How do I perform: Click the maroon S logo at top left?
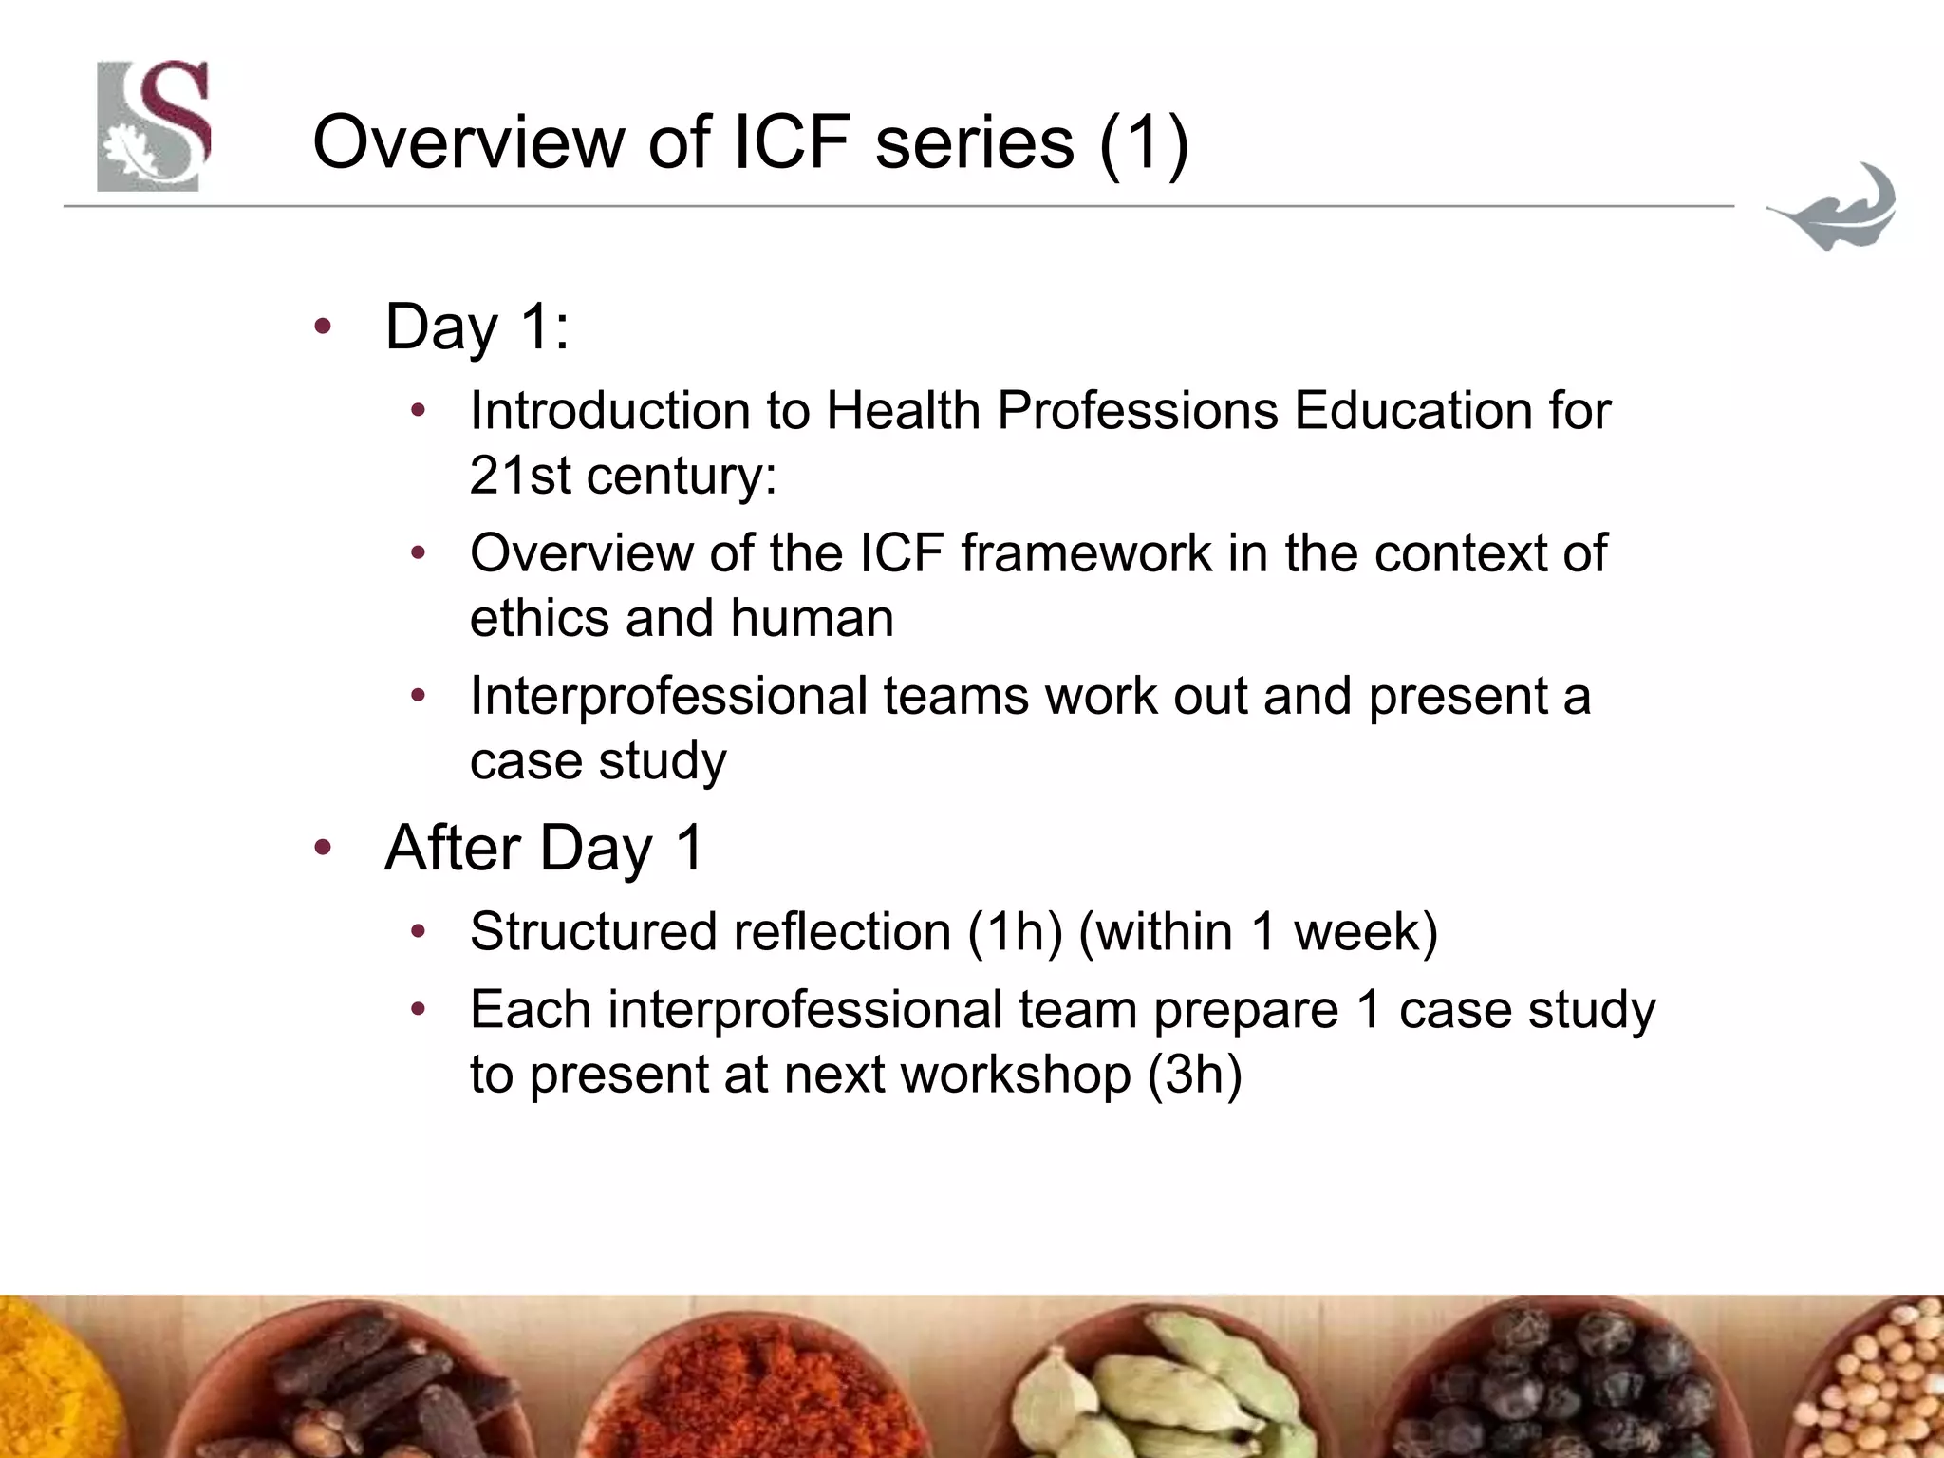pyautogui.click(x=153, y=125)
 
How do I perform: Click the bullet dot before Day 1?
pyautogui.click(x=323, y=327)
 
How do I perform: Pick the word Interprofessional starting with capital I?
pyautogui.click(x=668, y=696)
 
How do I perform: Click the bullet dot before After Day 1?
pyautogui.click(x=323, y=848)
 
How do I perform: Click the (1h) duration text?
pyautogui.click(x=1014, y=931)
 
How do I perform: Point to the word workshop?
pyautogui.click(x=1015, y=1075)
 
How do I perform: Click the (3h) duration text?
pyautogui.click(x=1193, y=1075)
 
